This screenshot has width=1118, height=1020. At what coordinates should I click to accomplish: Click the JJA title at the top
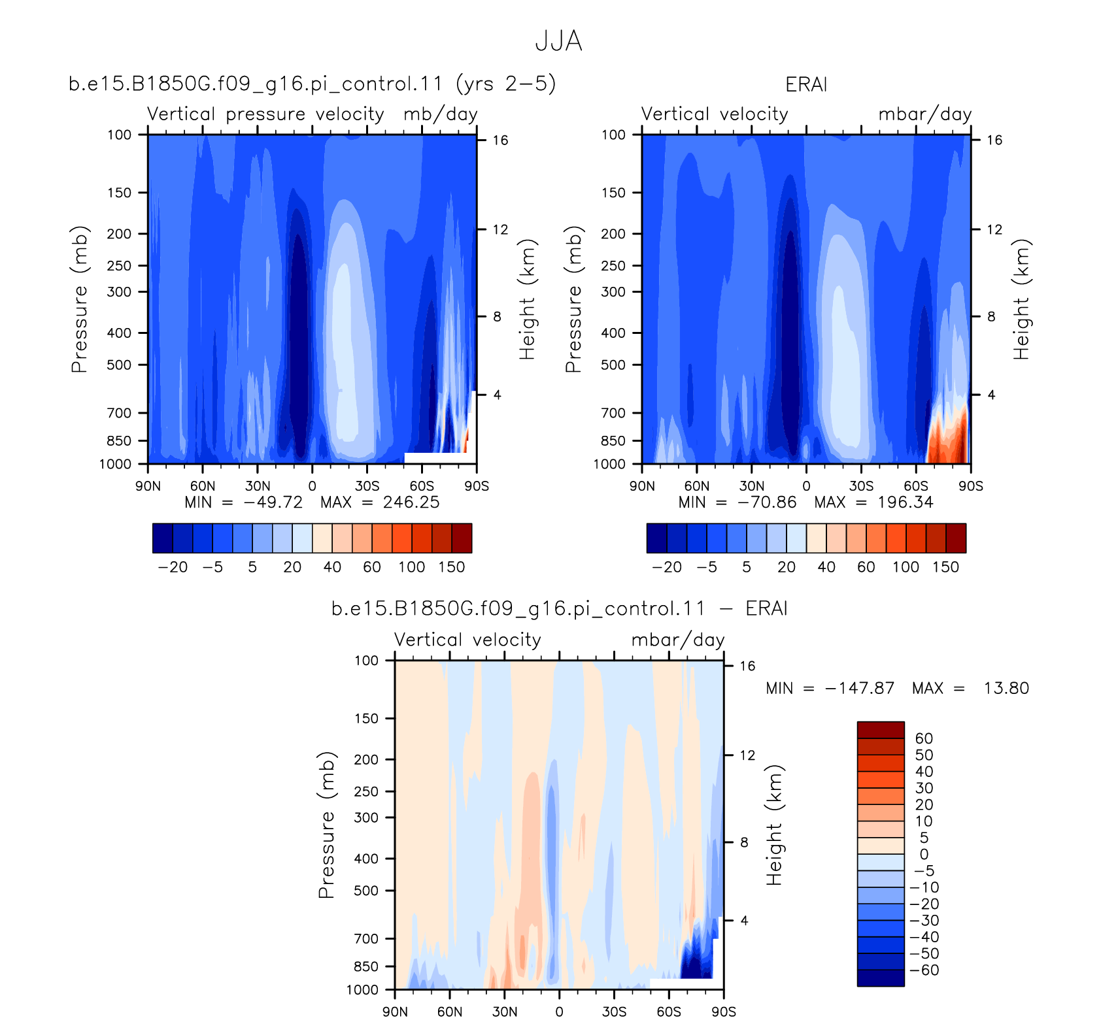(558, 41)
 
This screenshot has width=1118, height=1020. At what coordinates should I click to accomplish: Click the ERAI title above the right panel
(806, 85)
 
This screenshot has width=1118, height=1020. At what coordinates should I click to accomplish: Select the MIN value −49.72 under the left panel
(273, 502)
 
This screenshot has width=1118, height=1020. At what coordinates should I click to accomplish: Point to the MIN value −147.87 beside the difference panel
(859, 688)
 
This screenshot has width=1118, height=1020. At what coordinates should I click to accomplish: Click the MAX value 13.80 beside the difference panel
(1006, 688)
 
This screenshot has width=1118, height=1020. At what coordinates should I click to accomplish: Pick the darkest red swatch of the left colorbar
(462, 538)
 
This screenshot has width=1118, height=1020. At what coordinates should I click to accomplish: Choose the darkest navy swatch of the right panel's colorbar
(657, 538)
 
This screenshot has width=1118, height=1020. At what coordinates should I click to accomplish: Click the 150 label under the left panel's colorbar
(452, 567)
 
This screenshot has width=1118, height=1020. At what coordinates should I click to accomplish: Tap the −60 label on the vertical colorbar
(924, 970)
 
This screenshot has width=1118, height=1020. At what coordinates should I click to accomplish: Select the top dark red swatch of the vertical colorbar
(881, 730)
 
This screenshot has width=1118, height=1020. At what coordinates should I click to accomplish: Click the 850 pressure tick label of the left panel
(119, 441)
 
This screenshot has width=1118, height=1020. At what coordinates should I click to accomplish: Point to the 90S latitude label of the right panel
(971, 486)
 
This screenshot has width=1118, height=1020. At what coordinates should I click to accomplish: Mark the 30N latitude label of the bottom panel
(505, 1012)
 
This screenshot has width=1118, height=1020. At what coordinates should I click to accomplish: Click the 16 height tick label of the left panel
(500, 140)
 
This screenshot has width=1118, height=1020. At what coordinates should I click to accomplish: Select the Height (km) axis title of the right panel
(1021, 299)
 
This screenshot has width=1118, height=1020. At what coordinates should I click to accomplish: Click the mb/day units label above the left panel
(441, 114)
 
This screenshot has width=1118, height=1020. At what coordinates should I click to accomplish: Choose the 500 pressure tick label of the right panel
(613, 365)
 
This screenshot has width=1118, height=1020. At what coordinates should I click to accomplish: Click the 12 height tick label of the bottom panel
(747, 755)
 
